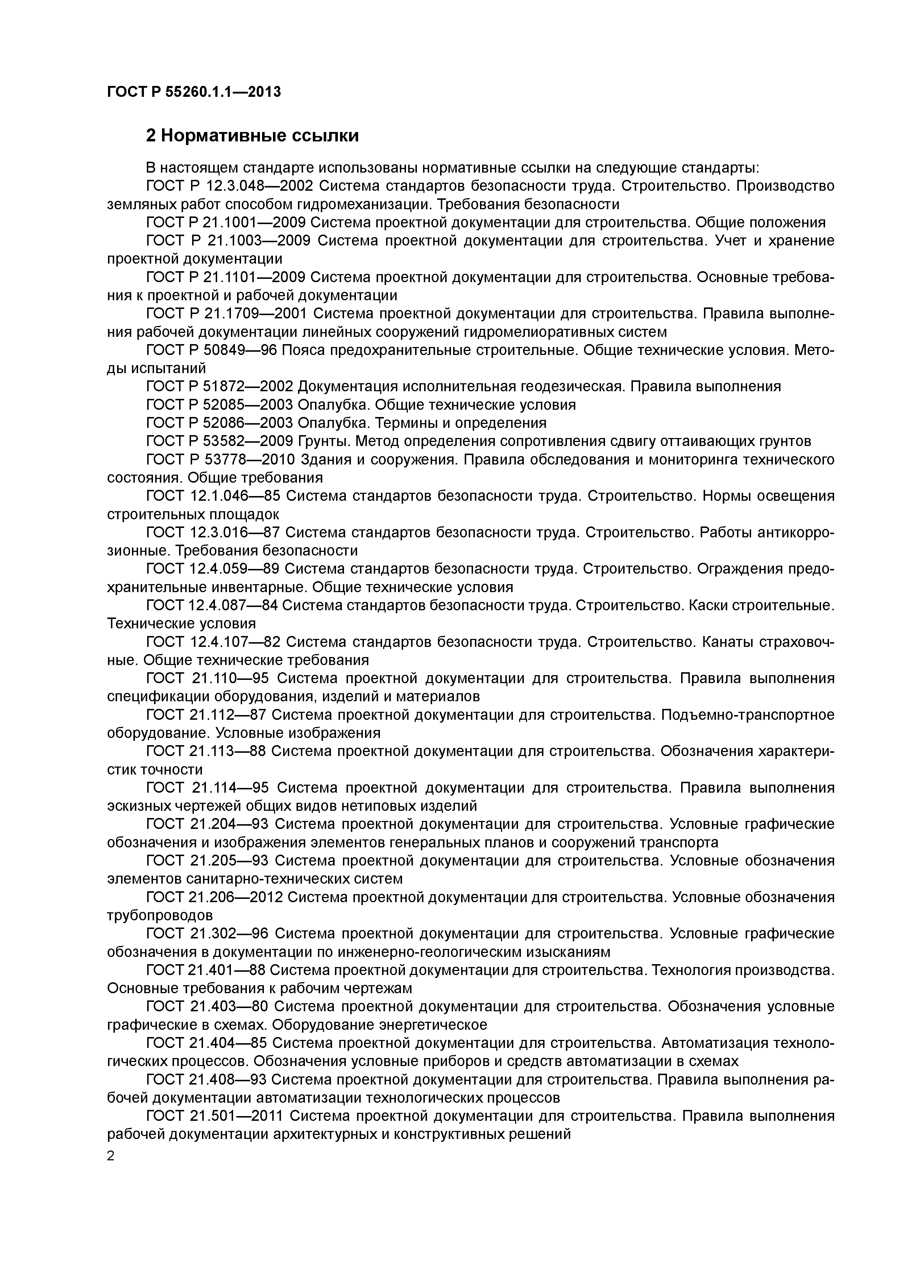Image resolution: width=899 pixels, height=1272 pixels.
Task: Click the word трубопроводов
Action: [x=159, y=915]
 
